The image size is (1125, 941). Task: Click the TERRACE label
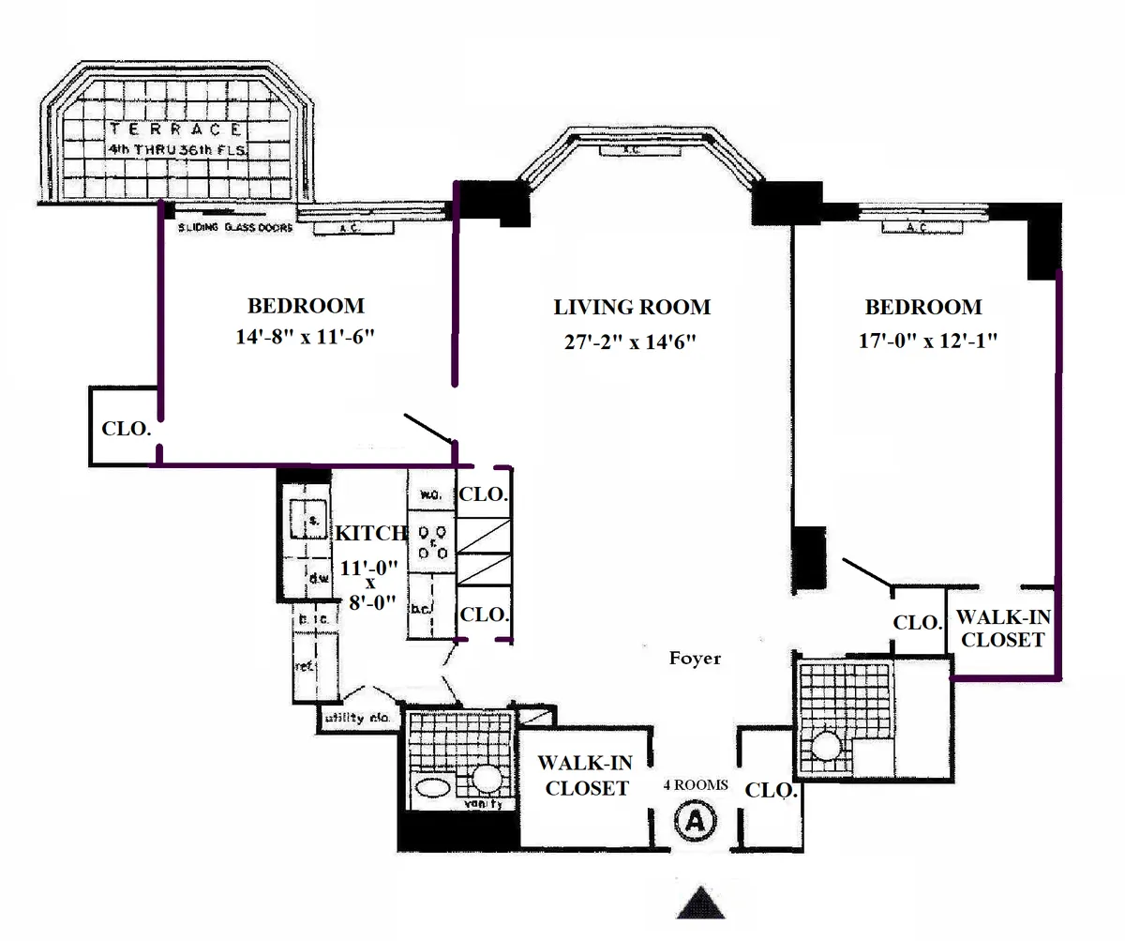click(x=176, y=130)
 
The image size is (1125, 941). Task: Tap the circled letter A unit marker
click(x=696, y=821)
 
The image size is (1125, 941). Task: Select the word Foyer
click(x=695, y=659)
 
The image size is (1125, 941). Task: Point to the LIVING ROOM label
click(x=631, y=307)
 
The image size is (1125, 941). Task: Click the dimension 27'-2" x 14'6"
click(x=631, y=341)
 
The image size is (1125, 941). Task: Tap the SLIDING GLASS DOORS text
click(x=235, y=228)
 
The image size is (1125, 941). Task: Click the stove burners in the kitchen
click(x=431, y=543)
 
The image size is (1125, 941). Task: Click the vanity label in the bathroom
click(x=484, y=804)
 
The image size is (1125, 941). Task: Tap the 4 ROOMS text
click(x=695, y=785)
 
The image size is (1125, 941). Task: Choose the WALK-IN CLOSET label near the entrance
click(x=586, y=777)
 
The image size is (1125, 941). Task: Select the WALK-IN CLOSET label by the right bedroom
click(x=1002, y=629)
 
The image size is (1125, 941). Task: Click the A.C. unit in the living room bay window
click(x=633, y=150)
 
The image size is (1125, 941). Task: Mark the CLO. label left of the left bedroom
click(x=125, y=429)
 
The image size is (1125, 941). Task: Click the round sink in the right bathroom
click(x=826, y=748)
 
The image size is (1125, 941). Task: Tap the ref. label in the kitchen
click(x=304, y=665)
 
